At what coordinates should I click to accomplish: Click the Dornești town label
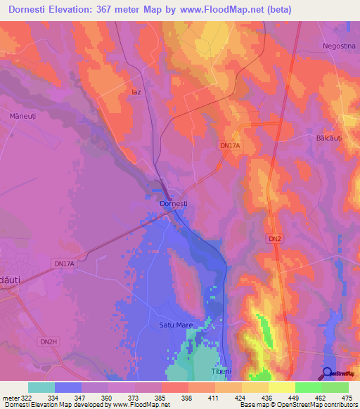click(x=173, y=204)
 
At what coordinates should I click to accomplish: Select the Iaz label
click(x=136, y=91)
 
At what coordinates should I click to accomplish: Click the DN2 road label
click(x=275, y=240)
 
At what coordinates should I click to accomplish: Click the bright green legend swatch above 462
click(x=308, y=387)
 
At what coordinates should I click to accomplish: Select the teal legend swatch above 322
click(x=41, y=387)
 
